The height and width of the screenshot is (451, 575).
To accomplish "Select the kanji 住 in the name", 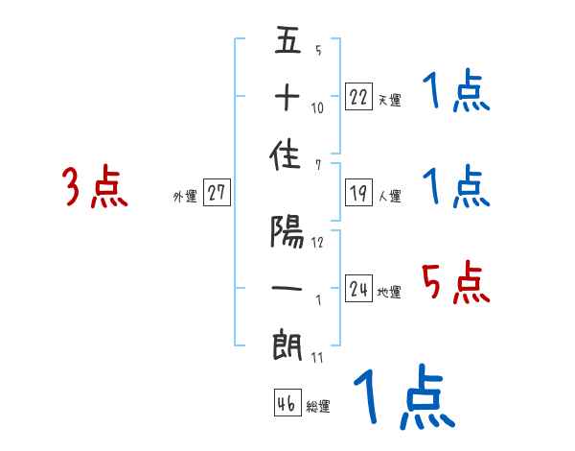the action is coord(287,159).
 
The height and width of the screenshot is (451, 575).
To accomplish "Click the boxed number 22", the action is coord(358,97).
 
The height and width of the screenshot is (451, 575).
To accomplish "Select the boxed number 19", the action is coord(358,193).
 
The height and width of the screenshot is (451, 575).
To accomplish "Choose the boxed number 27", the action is coord(217,193).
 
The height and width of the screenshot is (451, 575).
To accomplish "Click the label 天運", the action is coord(389,100).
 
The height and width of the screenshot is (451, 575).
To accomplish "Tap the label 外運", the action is coord(185,197).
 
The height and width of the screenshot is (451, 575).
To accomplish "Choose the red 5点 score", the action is coord(456,284).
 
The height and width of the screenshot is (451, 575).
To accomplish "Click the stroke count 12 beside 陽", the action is coord(317,243).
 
